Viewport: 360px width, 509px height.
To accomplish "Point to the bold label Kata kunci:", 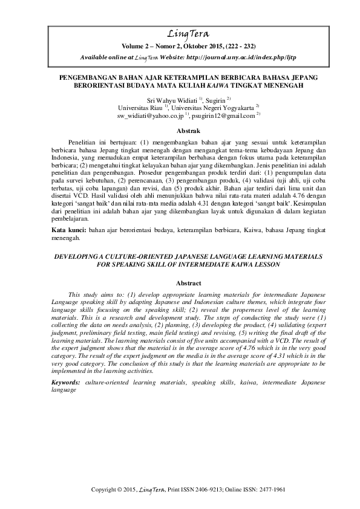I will coord(66,231).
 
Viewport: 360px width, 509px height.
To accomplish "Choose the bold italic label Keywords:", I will coord(66,383).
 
